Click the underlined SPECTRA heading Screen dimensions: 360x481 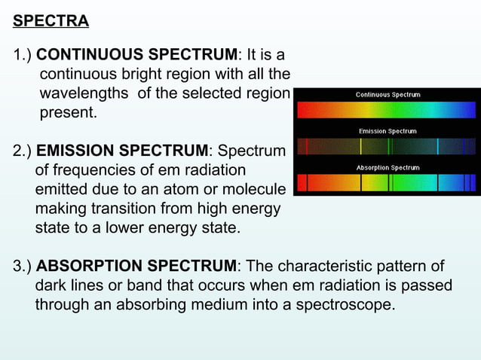point(51,20)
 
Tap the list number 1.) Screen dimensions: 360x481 point(22,56)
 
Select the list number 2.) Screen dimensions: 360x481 point(22,151)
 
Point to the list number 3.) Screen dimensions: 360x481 point(22,267)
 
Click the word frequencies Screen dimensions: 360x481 point(95,171)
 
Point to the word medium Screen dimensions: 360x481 point(219,305)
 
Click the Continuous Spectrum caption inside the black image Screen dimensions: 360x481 point(388,95)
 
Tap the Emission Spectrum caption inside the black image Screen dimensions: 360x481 point(388,131)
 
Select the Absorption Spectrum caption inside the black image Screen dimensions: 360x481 point(388,167)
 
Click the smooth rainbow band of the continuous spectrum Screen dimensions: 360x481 point(387,110)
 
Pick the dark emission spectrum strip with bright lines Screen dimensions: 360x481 point(387,146)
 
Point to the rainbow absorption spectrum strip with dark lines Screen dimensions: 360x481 point(387,182)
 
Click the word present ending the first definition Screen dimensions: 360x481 point(67,114)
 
